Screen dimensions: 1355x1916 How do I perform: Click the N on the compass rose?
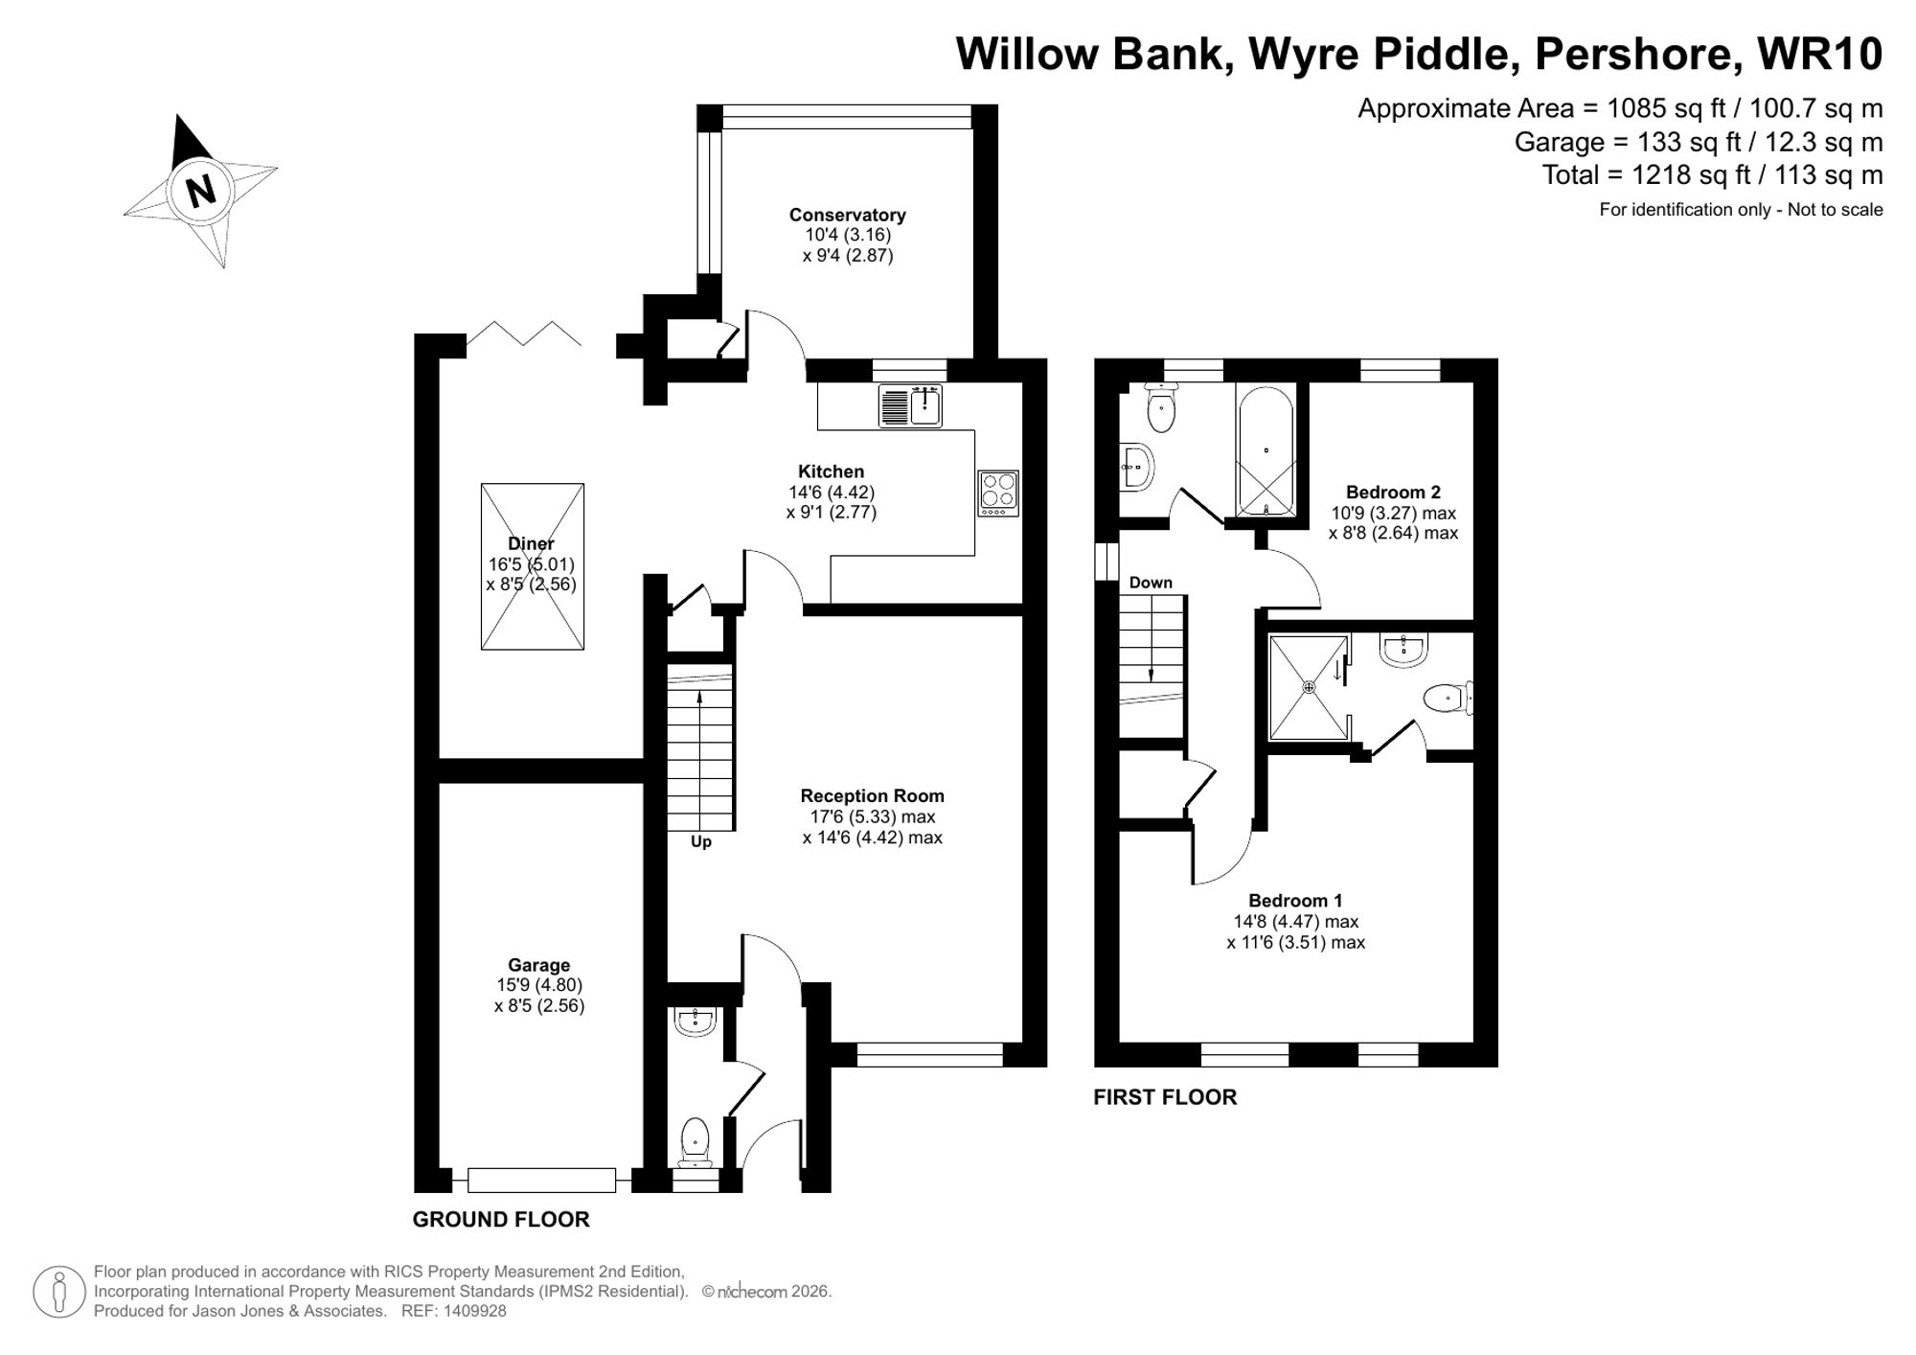pyautogui.click(x=200, y=191)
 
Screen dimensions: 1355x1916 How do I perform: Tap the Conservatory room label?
pyautogui.click(x=847, y=216)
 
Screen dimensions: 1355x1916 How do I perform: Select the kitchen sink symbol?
pyautogui.click(x=910, y=405)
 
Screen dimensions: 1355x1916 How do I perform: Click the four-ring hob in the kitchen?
pyautogui.click(x=997, y=493)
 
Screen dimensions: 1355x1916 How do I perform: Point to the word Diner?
pyautogui.click(x=531, y=544)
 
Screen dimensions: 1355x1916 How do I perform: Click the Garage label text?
pyautogui.click(x=538, y=965)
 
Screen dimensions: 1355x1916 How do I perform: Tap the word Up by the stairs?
pyautogui.click(x=700, y=842)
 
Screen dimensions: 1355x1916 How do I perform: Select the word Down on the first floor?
pyautogui.click(x=1150, y=583)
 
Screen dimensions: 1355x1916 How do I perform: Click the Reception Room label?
pyautogui.click(x=872, y=796)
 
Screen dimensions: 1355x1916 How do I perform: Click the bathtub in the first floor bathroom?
pyautogui.click(x=1265, y=450)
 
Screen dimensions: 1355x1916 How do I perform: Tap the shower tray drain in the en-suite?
pyautogui.click(x=1309, y=687)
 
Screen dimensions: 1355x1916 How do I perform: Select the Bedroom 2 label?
pyautogui.click(x=1393, y=493)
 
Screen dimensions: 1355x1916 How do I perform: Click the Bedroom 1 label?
pyautogui.click(x=1295, y=901)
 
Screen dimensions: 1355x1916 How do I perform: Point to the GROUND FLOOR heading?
pyautogui.click(x=500, y=1220)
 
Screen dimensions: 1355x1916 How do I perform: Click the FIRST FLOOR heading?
pyautogui.click(x=1164, y=1097)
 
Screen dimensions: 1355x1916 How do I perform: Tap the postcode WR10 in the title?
pyautogui.click(x=1820, y=54)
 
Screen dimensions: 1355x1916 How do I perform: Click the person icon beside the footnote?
pyautogui.click(x=59, y=1291)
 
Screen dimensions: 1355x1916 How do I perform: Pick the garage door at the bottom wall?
pyautogui.click(x=541, y=1180)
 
